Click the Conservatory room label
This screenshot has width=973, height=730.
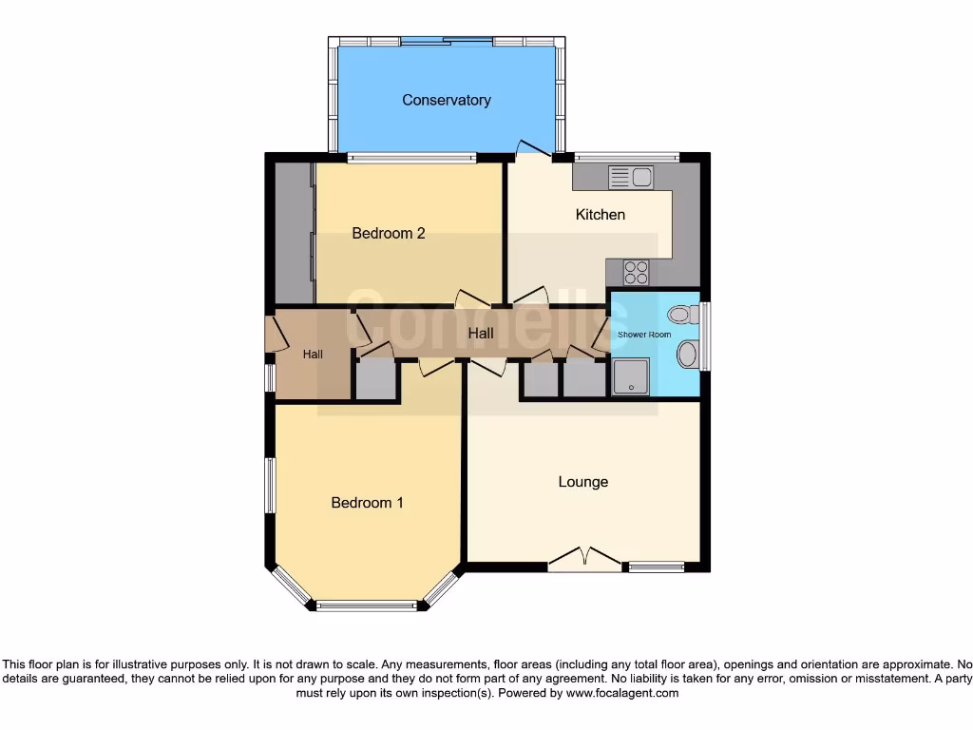(x=446, y=100)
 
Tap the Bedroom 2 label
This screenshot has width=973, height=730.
(x=388, y=233)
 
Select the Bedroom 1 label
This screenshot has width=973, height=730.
(x=367, y=502)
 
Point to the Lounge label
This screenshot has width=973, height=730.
(x=582, y=482)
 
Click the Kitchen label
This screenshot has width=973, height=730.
(x=601, y=215)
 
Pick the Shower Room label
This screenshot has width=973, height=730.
(x=644, y=335)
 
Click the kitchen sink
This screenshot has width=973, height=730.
(x=630, y=177)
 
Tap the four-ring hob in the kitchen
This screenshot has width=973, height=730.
(x=636, y=272)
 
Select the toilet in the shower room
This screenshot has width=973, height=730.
(x=681, y=315)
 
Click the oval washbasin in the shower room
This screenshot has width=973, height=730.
(x=687, y=355)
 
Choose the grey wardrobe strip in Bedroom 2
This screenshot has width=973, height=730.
(x=294, y=233)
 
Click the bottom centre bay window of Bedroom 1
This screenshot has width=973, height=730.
(x=367, y=605)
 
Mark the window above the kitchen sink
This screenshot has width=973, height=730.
(x=626, y=156)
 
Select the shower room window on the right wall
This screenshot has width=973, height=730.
(x=704, y=335)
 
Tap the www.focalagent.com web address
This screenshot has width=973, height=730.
(x=621, y=694)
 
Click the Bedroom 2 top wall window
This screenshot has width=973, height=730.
(x=410, y=158)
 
